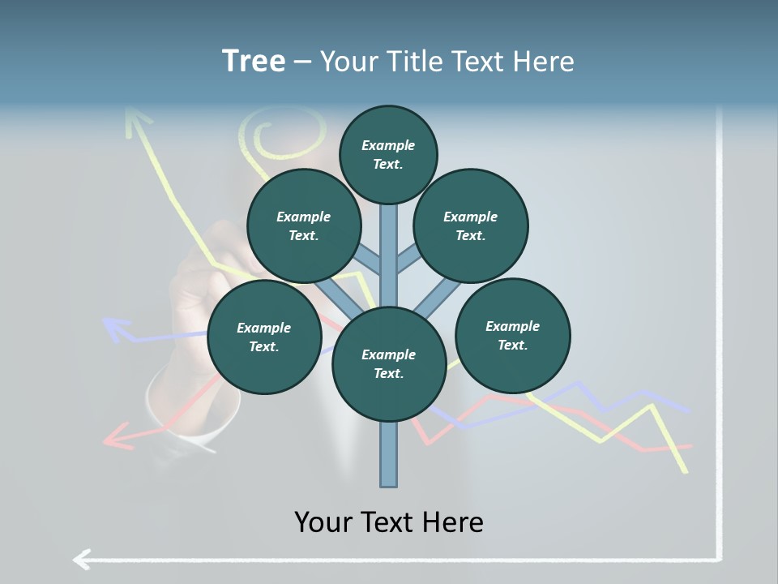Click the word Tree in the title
pyautogui.click(x=254, y=61)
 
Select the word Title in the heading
pyautogui.click(x=413, y=62)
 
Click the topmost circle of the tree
pyautogui.click(x=388, y=154)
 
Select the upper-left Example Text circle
pyautogui.click(x=303, y=225)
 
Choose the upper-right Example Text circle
pyautogui.click(x=471, y=225)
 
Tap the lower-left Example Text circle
pyautogui.click(x=264, y=337)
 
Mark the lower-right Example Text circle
pyautogui.click(x=512, y=335)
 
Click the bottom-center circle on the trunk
pyautogui.click(x=389, y=363)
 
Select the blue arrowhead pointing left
pyautogui.click(x=116, y=328)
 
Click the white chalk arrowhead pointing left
pyautogui.click(x=82, y=558)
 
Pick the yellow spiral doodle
pyautogui.click(x=266, y=138)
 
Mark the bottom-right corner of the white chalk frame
pyautogui.click(x=719, y=557)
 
